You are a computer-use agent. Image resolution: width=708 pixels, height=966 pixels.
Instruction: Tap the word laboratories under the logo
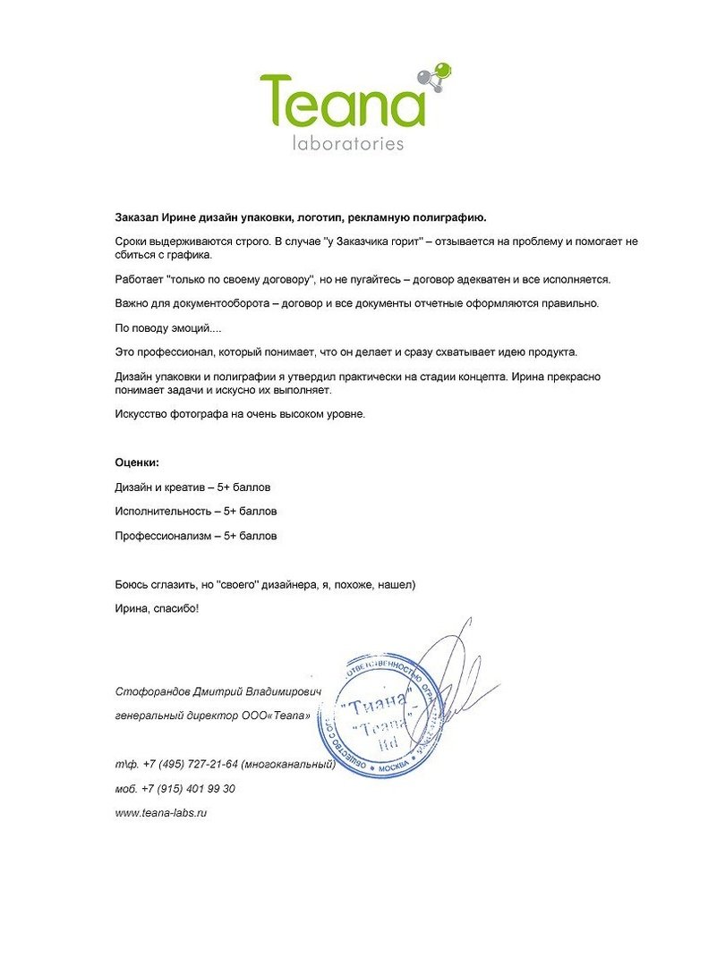(x=348, y=142)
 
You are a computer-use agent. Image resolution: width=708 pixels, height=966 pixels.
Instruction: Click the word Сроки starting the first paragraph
(x=132, y=241)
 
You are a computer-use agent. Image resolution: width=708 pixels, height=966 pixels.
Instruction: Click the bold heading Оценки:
(x=137, y=462)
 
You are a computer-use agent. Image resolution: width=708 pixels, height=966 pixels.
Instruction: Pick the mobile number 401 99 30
(x=205, y=789)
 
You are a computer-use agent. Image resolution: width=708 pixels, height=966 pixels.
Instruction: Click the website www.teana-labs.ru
(x=161, y=813)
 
